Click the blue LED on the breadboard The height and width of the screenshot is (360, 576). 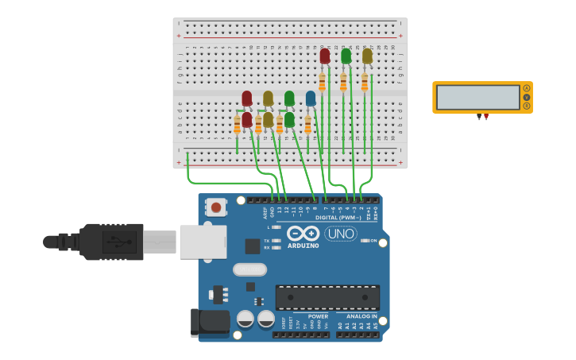pyautogui.click(x=311, y=98)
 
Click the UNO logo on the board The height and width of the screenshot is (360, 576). pyautogui.click(x=341, y=234)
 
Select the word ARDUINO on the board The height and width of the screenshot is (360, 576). pyautogui.click(x=303, y=246)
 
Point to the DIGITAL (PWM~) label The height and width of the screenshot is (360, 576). pyautogui.click(x=338, y=217)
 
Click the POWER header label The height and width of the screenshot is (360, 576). pyautogui.click(x=318, y=315)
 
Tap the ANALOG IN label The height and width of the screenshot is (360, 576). pyautogui.click(x=361, y=315)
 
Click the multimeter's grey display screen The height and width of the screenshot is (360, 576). pyautogui.click(x=477, y=97)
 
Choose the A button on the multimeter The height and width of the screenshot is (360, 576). pyautogui.click(x=526, y=88)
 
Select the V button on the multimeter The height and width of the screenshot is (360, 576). pyautogui.click(x=526, y=97)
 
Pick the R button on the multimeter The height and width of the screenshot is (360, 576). pyautogui.click(x=526, y=106)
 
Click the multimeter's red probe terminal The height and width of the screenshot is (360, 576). pyautogui.click(x=485, y=117)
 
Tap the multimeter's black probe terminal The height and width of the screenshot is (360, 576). pyautogui.click(x=479, y=117)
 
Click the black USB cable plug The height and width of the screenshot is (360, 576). pyautogui.click(x=111, y=242)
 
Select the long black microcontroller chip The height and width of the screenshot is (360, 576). pyautogui.click(x=327, y=297)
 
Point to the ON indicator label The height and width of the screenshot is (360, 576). pyautogui.click(x=373, y=240)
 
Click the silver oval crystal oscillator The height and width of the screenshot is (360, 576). pyautogui.click(x=249, y=269)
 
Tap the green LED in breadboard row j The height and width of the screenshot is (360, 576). pyautogui.click(x=346, y=56)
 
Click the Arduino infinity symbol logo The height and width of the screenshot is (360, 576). pyautogui.click(x=303, y=233)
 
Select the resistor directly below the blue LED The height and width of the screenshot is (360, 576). pyautogui.click(x=308, y=125)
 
